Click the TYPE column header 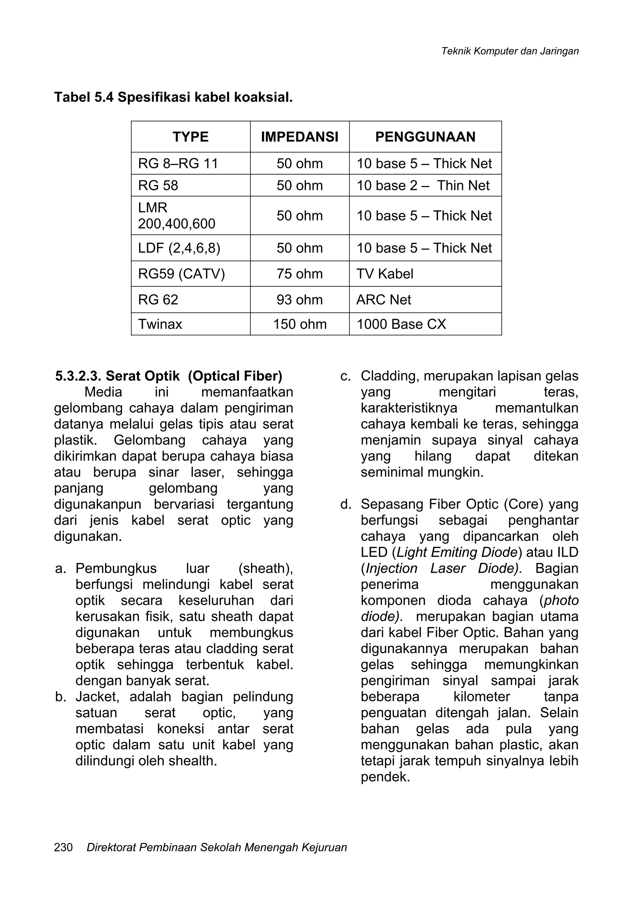pyautogui.click(x=190, y=137)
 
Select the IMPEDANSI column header pyautogui.click(x=300, y=137)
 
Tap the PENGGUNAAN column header pyautogui.click(x=425, y=137)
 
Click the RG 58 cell pyautogui.click(x=158, y=186)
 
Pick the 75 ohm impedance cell pyautogui.click(x=300, y=274)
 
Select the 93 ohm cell pyautogui.click(x=300, y=300)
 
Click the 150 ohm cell pyautogui.click(x=300, y=324)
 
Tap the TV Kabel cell pyautogui.click(x=385, y=274)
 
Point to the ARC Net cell pyautogui.click(x=384, y=300)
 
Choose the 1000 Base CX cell pyautogui.click(x=401, y=324)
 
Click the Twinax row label pyautogui.click(x=160, y=324)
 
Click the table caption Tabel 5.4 pyautogui.click(x=84, y=97)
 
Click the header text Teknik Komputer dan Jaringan pyautogui.click(x=510, y=51)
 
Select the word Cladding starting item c pyautogui.click(x=389, y=376)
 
